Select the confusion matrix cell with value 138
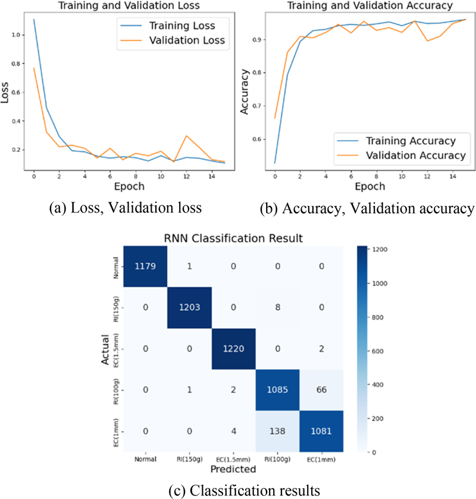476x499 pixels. tap(277, 431)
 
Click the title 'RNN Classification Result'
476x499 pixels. tap(233, 237)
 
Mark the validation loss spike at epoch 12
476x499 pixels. tap(187, 136)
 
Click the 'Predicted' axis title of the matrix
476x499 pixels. tap(233, 469)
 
